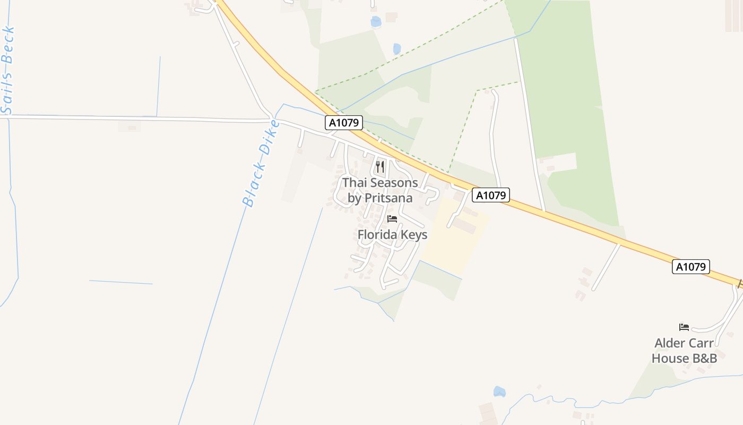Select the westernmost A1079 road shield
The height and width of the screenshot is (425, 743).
point(344,123)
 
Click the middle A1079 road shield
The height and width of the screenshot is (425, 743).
point(491,195)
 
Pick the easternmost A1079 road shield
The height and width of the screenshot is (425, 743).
point(691,267)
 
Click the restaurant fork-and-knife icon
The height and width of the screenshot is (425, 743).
point(380,167)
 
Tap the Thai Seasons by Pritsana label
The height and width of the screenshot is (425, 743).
point(380,190)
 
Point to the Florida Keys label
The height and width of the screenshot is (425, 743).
point(392,235)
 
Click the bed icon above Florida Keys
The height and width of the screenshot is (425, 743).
point(392,219)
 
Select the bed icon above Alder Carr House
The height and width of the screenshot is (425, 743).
point(684,327)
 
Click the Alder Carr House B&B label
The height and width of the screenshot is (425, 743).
point(684,351)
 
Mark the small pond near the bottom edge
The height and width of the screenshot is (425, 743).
point(499,392)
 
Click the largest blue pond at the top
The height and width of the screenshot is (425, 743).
point(376,22)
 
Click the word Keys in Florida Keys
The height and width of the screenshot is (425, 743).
point(414,235)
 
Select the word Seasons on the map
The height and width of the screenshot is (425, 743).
point(394,183)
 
